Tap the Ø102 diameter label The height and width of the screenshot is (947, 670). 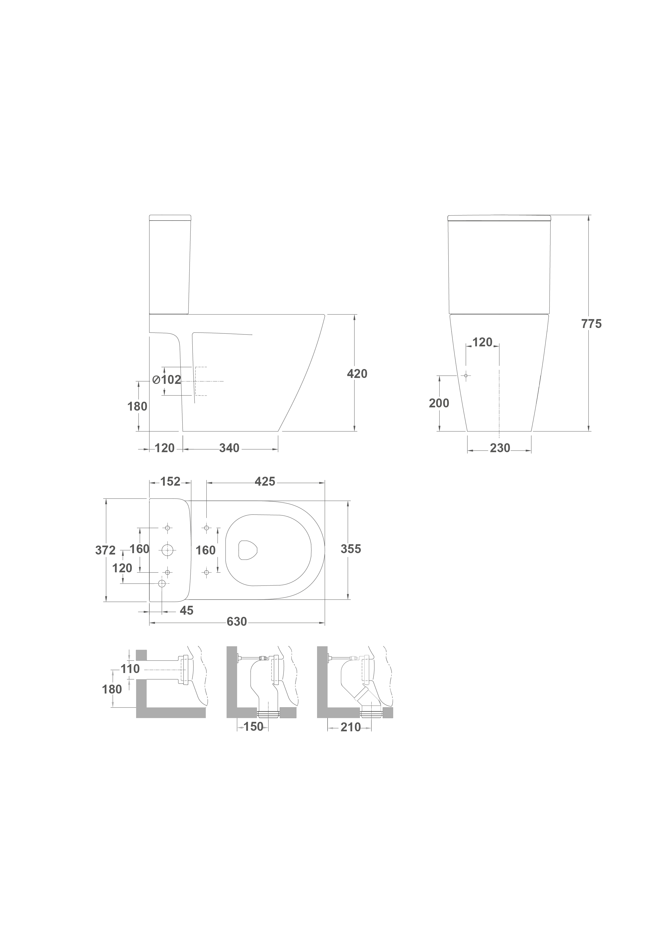tap(167, 380)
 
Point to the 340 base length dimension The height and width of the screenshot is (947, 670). tap(229, 448)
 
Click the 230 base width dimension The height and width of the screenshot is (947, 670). tap(500, 448)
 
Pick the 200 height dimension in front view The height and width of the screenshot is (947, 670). tap(439, 403)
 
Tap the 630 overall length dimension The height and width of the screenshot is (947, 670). tap(237, 633)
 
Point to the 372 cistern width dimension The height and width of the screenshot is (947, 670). tap(106, 550)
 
